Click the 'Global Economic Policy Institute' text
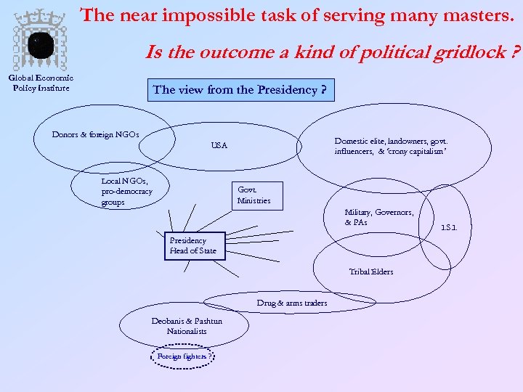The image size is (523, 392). point(41,83)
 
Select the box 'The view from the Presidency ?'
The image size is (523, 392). point(240,91)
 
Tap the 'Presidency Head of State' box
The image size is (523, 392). point(192,245)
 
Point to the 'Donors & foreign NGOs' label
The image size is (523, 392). point(95,134)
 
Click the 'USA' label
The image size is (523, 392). point(219,146)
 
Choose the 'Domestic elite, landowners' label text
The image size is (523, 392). point(391,146)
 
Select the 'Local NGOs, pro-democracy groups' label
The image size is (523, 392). point(127,192)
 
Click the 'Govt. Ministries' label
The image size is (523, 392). point(254,195)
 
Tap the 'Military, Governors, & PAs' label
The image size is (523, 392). point(378,217)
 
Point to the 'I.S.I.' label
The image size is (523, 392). point(449,228)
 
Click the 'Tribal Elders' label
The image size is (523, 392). point(370,271)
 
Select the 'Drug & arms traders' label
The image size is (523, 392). point(291,303)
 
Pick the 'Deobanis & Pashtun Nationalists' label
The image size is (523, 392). point(187,326)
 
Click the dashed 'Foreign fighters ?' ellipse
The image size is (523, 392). point(185,357)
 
